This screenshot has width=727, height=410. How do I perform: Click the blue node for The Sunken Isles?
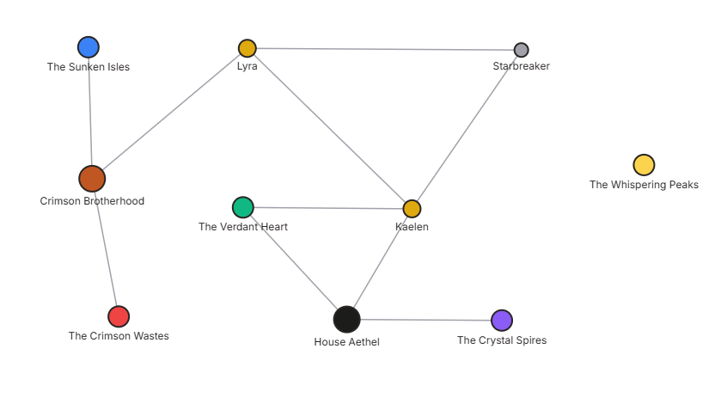89,47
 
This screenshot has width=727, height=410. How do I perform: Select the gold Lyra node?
247,48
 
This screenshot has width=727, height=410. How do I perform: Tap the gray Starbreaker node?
521,50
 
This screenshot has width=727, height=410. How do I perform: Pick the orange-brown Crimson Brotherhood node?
92,179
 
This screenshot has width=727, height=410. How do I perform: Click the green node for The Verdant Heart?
243,207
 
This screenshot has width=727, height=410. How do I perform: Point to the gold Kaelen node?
412,209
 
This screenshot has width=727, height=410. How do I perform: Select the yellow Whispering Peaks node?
644,165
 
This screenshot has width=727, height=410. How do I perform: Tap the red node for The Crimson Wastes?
119,316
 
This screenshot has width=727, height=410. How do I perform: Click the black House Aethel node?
346,319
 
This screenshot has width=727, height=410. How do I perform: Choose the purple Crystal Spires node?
502,321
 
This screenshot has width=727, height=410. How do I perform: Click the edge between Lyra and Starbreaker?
384,49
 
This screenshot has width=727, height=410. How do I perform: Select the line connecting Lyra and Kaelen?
329,128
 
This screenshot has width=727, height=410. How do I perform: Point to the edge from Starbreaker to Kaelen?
467,129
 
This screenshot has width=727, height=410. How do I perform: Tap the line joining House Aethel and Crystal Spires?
425,320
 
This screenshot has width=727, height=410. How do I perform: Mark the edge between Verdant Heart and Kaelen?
327,208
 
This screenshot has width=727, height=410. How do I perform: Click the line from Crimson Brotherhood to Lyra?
169,113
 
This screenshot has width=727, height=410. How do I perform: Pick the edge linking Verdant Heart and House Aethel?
295,263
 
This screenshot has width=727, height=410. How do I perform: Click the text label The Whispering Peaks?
644,185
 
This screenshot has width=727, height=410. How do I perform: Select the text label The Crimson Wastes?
119,336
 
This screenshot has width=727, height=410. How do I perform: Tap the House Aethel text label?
346,342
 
